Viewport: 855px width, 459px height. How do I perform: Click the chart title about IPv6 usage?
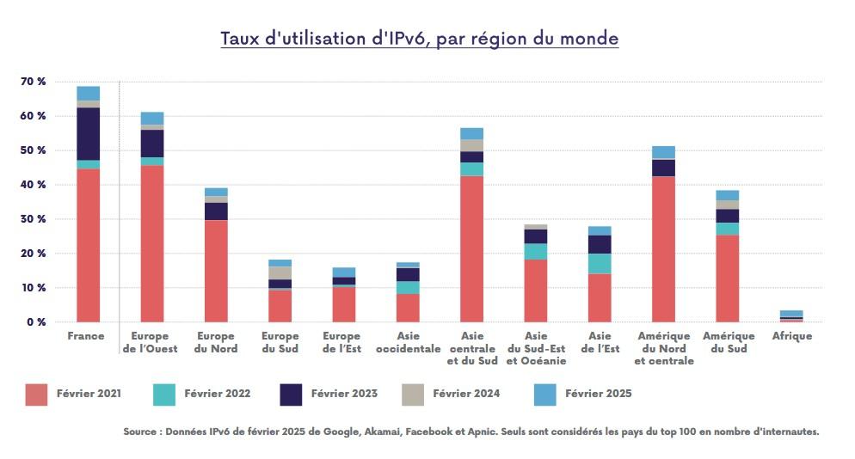[419, 39]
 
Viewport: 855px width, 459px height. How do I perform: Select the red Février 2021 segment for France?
[89, 245]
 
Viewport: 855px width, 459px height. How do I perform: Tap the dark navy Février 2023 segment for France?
[89, 133]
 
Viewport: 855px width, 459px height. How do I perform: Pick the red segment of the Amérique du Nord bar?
[663, 248]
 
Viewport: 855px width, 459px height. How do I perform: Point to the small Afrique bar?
[791, 316]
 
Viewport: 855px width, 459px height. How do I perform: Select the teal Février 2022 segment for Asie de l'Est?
[600, 263]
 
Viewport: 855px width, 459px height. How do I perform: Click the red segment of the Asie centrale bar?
[471, 248]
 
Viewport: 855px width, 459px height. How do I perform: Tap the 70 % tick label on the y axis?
[34, 82]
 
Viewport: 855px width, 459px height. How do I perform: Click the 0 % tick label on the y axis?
[36, 322]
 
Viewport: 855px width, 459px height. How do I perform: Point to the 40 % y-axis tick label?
[34, 185]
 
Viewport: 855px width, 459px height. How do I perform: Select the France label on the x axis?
[86, 336]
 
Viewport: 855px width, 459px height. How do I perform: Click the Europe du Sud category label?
[280, 342]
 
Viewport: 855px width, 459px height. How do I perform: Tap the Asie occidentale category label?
[407, 342]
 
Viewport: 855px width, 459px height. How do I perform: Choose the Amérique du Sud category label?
[728, 342]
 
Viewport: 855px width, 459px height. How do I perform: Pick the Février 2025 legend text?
[598, 394]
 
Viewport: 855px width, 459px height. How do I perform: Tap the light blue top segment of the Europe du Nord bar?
[216, 192]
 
